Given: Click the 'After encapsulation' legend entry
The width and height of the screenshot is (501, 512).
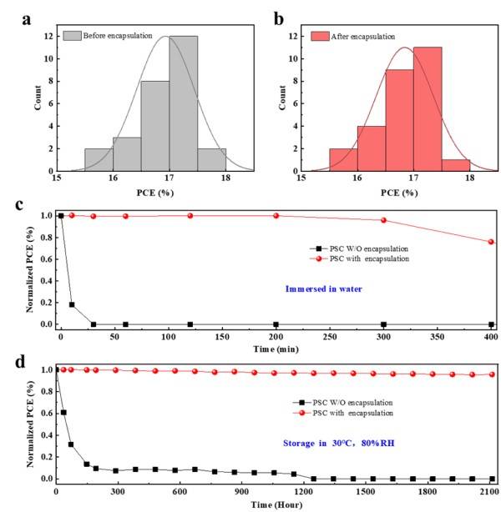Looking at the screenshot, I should (359, 36).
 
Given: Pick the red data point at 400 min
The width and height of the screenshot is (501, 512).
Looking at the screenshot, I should (491, 242).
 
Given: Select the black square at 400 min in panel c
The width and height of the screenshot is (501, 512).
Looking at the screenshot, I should (491, 324).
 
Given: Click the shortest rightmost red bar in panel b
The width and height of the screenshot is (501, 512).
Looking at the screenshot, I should (455, 164).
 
